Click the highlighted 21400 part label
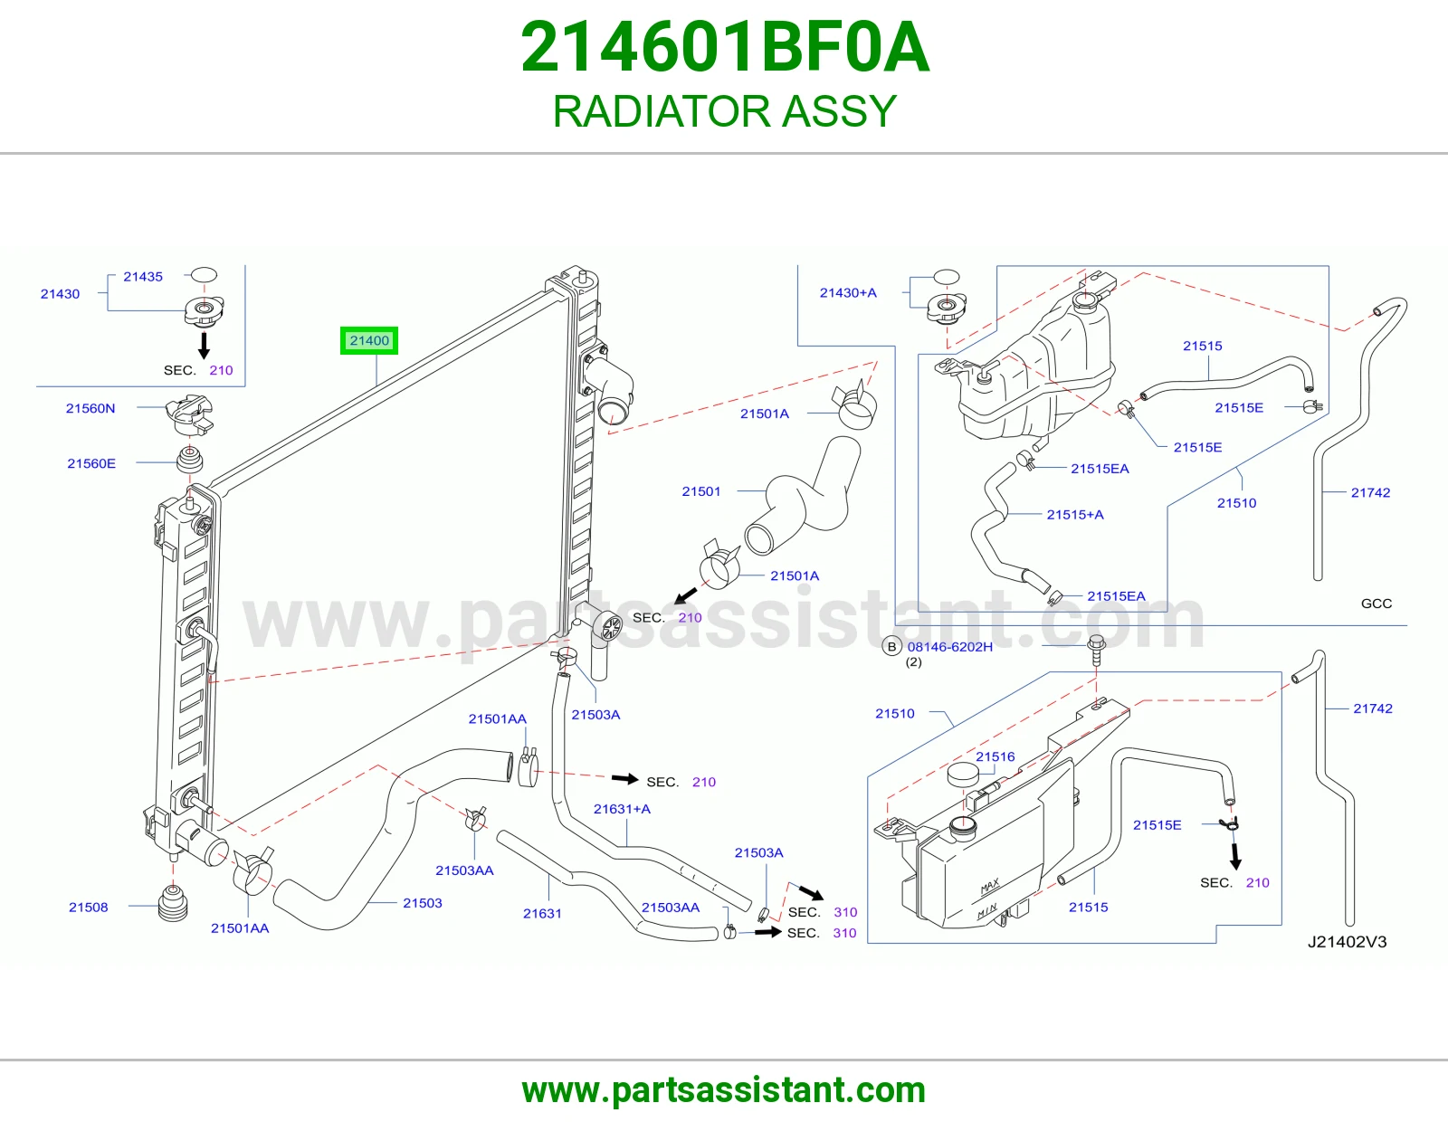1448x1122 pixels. pyautogui.click(x=369, y=340)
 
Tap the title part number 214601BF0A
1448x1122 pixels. pyautogui.click(x=724, y=47)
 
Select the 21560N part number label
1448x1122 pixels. pyautogui.click(x=90, y=408)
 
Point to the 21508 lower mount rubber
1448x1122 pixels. pyautogui.click(x=173, y=903)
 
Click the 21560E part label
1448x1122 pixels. pyautogui.click(x=91, y=463)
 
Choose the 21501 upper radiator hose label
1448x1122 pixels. pyautogui.click(x=701, y=491)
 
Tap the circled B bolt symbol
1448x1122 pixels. pyautogui.click(x=891, y=646)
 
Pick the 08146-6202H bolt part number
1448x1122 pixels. pyautogui.click(x=949, y=646)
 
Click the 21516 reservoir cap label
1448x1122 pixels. pyautogui.click(x=995, y=756)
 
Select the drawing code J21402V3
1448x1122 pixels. pyautogui.click(x=1347, y=941)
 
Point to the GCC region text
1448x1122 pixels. pyautogui.click(x=1376, y=603)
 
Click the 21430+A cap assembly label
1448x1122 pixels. pyautogui.click(x=848, y=292)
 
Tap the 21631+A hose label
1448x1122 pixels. pyautogui.click(x=622, y=809)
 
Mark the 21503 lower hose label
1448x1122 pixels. pyautogui.click(x=423, y=903)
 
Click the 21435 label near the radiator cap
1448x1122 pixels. pyautogui.click(x=143, y=277)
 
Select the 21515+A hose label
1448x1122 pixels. pyautogui.click(x=1075, y=514)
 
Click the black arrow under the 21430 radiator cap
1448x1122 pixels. pyautogui.click(x=205, y=345)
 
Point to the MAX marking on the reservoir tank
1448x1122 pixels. pyautogui.click(x=989, y=886)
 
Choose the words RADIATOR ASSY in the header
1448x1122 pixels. pyautogui.click(x=724, y=111)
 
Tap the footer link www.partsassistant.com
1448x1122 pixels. pyautogui.click(x=724, y=1090)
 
